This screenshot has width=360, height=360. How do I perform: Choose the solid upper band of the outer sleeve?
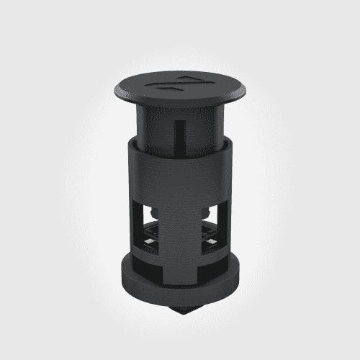pyautogui.click(x=180, y=173)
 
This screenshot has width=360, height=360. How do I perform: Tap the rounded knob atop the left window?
pyautogui.click(x=156, y=210)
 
